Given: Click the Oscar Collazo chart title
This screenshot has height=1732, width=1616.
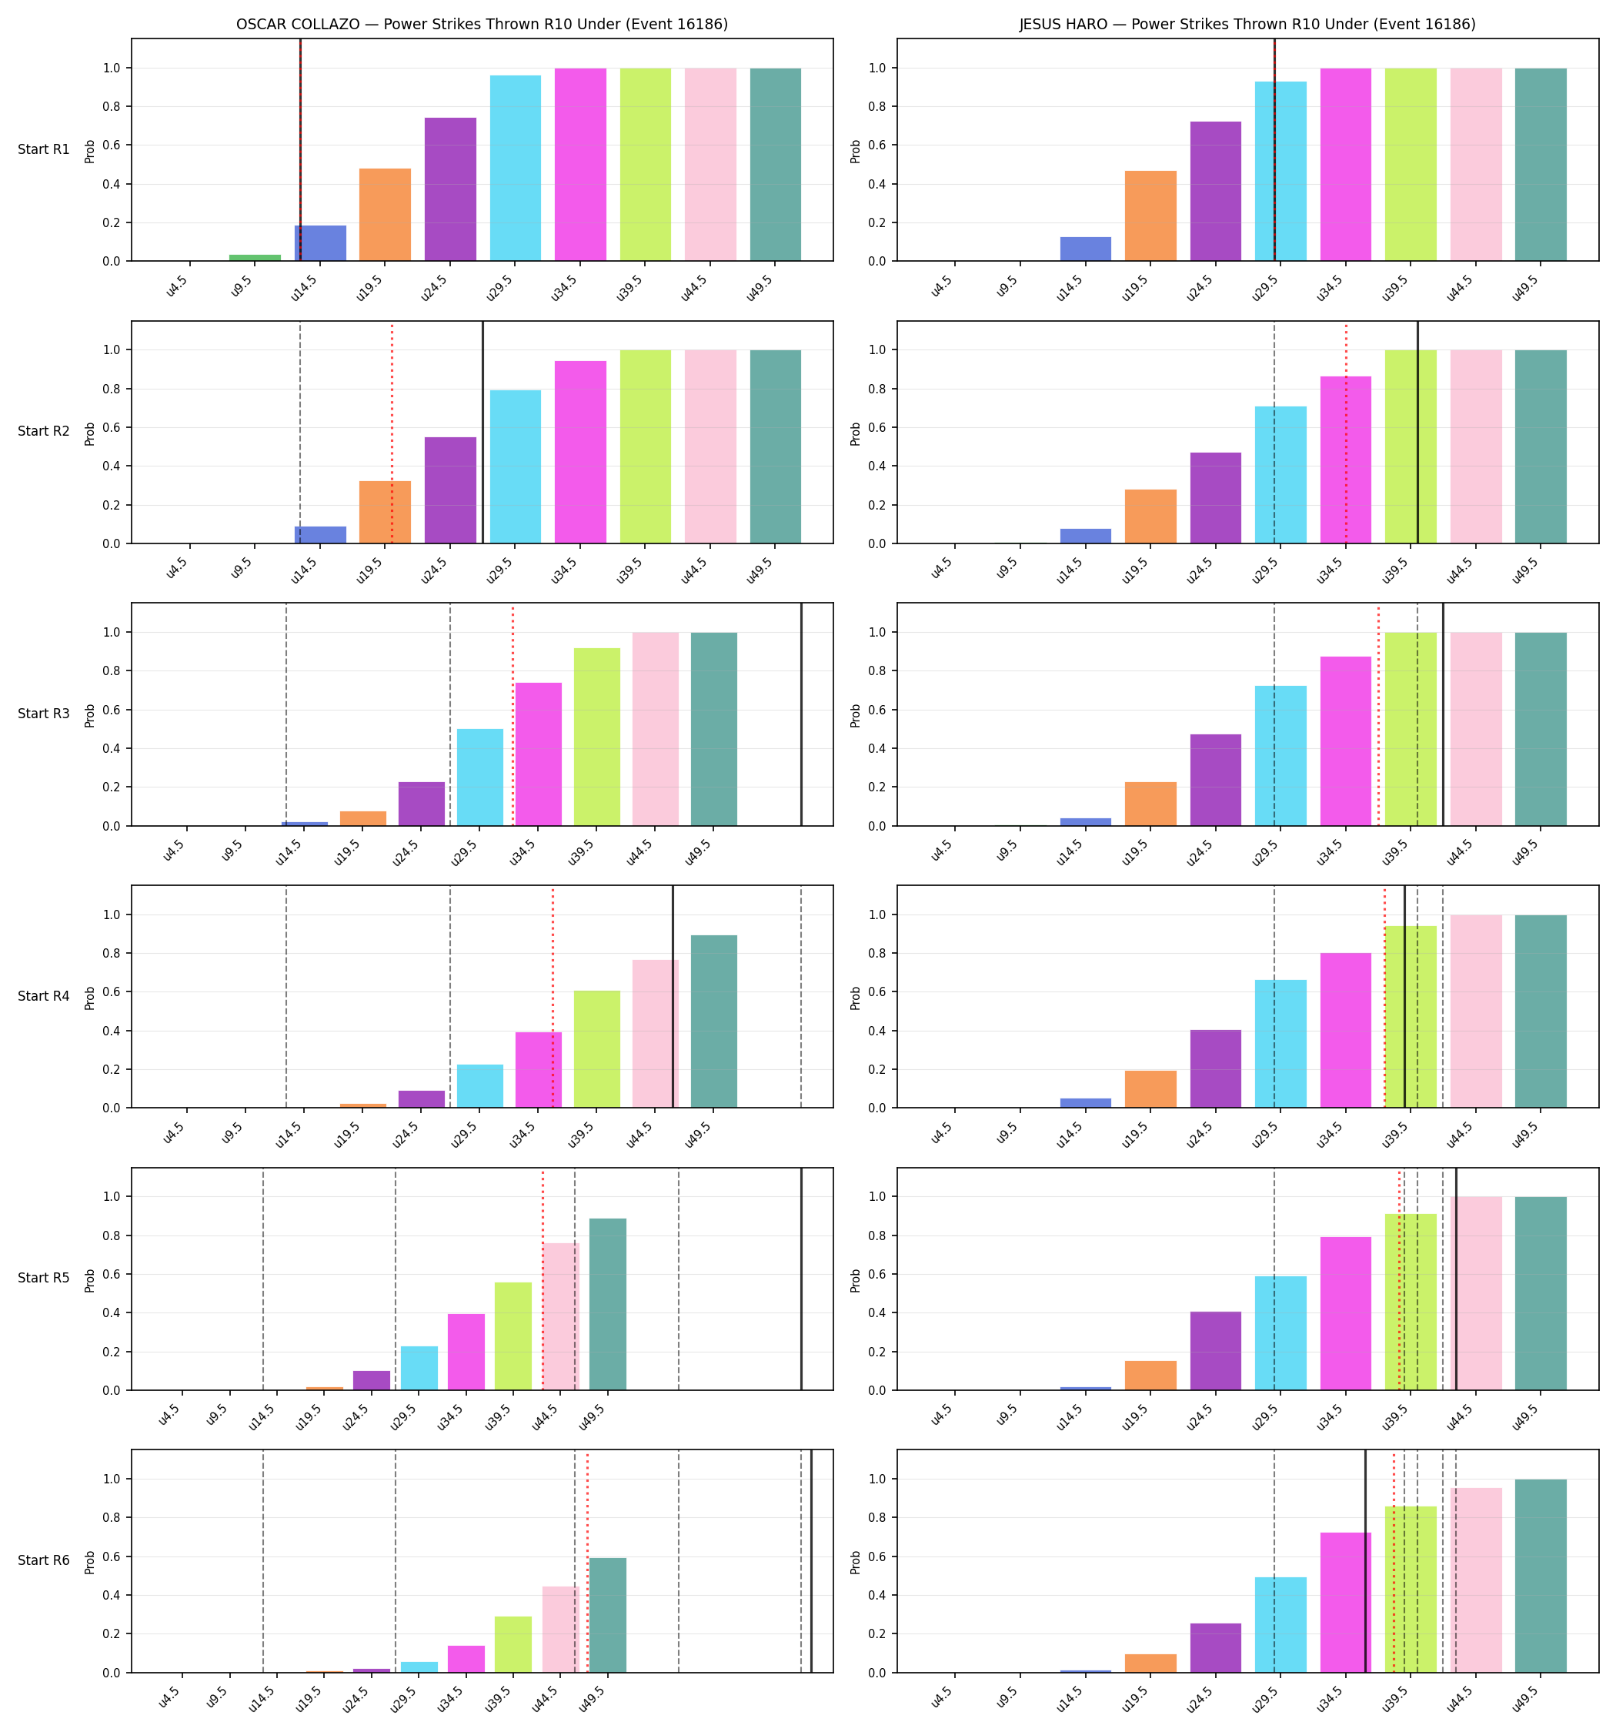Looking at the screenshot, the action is [x=482, y=25].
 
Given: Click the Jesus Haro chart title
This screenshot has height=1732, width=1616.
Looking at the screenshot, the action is [x=1247, y=25].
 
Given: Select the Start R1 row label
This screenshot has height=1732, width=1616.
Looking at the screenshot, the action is [x=44, y=149].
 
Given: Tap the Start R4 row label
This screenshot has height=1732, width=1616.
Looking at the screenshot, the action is [x=44, y=996].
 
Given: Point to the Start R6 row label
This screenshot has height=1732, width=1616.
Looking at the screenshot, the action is [x=44, y=1560].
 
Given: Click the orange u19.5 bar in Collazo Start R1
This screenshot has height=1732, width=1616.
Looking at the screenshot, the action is [x=385, y=214].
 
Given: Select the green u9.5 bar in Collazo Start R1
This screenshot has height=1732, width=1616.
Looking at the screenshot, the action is [x=255, y=258].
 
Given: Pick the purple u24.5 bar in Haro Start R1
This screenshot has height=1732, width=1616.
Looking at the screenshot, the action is [x=1215, y=191].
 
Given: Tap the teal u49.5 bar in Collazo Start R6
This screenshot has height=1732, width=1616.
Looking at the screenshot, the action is [x=608, y=1615].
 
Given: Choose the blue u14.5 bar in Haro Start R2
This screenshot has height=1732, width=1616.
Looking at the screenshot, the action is [x=1086, y=536].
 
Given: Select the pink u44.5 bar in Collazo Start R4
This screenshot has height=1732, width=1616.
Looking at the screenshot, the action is [x=655, y=1033].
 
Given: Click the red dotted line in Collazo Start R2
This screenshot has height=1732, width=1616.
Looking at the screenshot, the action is [x=392, y=433].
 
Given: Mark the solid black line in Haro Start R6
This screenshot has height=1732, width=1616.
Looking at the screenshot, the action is [x=1365, y=1561].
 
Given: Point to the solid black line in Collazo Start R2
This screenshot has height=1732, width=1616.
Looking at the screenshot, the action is [x=482, y=432].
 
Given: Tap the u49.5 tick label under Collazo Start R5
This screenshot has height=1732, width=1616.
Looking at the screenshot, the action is [x=592, y=1416].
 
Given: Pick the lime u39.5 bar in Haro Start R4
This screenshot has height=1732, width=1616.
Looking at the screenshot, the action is [x=1411, y=1017].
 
